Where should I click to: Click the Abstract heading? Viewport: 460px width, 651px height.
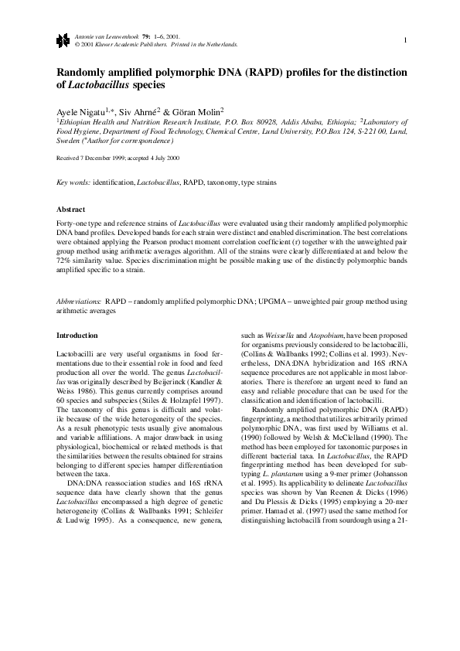coord(70,210)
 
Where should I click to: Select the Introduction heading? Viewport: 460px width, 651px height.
coord(77,336)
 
